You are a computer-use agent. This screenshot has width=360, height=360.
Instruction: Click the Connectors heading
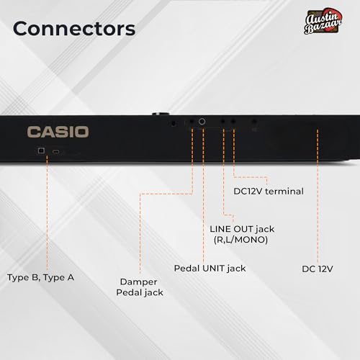pyautogui.click(x=74, y=29)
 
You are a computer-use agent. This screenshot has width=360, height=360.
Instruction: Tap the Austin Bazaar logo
pyautogui.click(x=323, y=21)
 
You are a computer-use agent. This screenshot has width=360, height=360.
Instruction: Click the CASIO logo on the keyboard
pyautogui.click(x=58, y=132)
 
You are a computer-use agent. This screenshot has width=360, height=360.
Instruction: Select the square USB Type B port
pyautogui.click(x=41, y=150)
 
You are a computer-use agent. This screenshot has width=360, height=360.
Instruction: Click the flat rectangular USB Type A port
pyautogui.click(x=56, y=152)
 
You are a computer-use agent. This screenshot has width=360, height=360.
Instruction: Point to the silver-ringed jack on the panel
pyautogui.click(x=202, y=122)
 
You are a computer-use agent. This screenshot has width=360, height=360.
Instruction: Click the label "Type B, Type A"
pyautogui.click(x=40, y=278)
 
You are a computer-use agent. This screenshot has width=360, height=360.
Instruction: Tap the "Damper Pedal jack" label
pyautogui.click(x=140, y=287)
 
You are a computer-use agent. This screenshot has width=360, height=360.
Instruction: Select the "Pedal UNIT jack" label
pyautogui.click(x=210, y=269)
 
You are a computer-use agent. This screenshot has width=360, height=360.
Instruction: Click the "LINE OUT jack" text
pyautogui.click(x=242, y=229)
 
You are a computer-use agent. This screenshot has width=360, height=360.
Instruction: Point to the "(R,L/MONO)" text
pyautogui.click(x=240, y=240)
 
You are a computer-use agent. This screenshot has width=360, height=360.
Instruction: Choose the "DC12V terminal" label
pyautogui.click(x=269, y=192)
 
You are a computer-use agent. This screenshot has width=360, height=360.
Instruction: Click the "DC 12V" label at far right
pyautogui.click(x=318, y=269)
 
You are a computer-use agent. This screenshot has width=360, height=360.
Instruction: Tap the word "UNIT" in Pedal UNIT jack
pyautogui.click(x=214, y=268)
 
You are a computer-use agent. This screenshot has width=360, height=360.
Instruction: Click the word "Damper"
pyautogui.click(x=138, y=282)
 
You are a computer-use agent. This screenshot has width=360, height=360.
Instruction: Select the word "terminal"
pyautogui.click(x=284, y=192)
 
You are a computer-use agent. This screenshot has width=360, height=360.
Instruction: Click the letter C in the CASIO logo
pyautogui.click(x=33, y=132)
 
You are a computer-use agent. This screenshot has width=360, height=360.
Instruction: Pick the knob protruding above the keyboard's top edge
pyautogui.click(x=161, y=114)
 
